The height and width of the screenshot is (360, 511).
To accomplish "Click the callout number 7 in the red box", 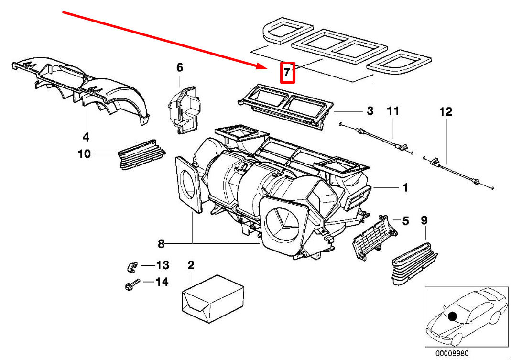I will [286, 73].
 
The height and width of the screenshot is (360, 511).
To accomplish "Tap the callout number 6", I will [180, 68].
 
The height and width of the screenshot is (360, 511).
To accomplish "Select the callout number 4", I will [86, 137].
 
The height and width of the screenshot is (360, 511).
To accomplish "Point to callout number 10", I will [84, 154].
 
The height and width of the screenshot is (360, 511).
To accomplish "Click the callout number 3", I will [370, 111].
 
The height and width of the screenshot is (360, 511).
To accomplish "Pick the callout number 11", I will [392, 111].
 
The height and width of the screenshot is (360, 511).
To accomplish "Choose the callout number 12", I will [445, 112].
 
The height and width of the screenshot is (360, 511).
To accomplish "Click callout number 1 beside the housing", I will [405, 188].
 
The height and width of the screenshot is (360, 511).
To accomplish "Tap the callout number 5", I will [405, 221].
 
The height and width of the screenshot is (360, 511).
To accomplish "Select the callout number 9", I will [424, 220].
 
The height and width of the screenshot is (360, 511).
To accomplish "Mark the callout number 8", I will [161, 244].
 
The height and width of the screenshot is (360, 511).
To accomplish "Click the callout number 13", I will [162, 265].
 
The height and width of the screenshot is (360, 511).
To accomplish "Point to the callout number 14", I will [162, 282].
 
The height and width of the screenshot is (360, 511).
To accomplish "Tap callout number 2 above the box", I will [191, 265].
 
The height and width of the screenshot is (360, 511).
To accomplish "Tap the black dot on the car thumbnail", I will [452, 316].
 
